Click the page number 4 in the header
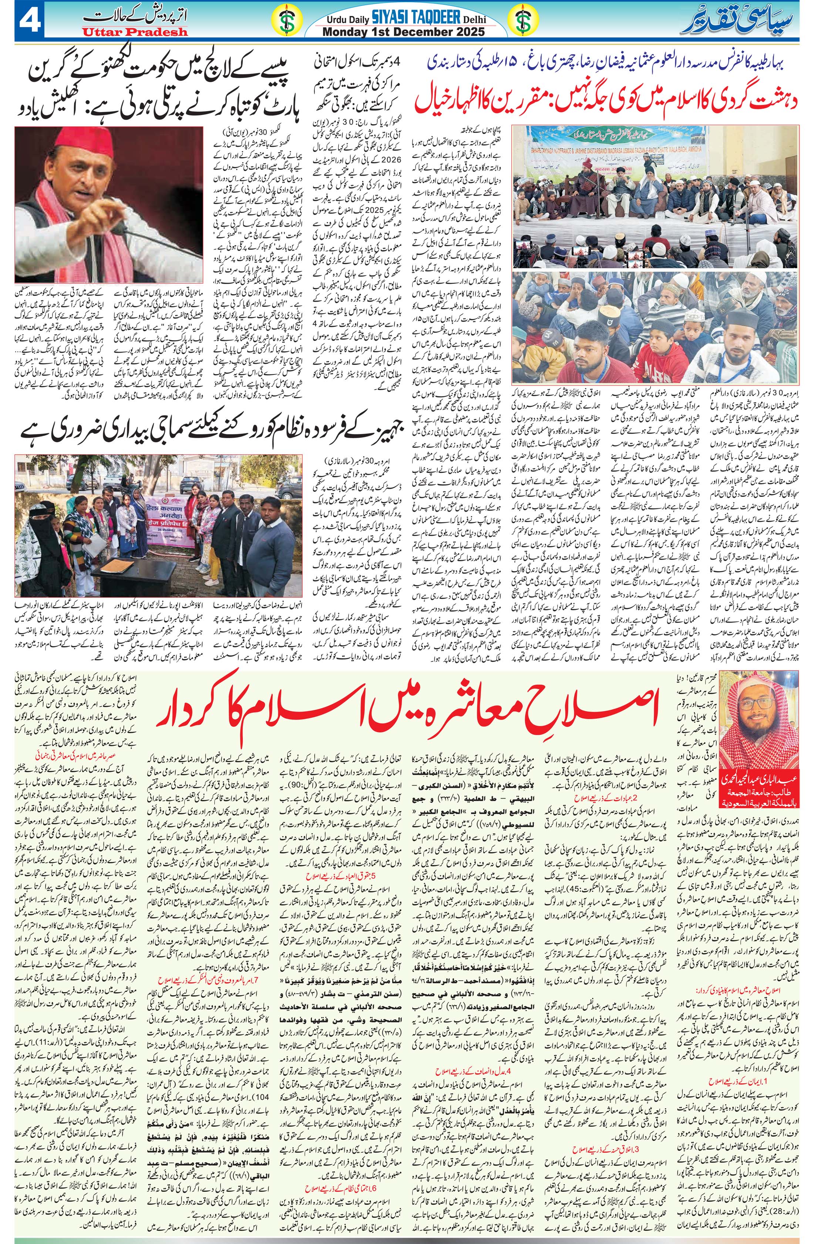tap(24, 21)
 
